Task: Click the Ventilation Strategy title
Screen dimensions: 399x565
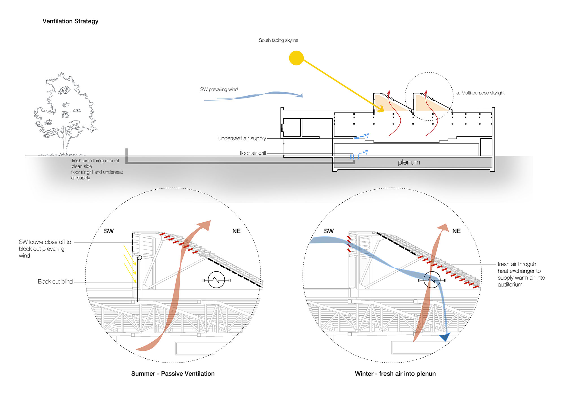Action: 70,21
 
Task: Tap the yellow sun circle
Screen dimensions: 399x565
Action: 296,58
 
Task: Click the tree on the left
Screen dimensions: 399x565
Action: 65,113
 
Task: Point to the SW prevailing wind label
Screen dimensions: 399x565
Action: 219,89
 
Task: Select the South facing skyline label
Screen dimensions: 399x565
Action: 278,40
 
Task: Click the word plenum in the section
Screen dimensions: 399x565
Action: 409,162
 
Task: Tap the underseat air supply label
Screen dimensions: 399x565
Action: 242,138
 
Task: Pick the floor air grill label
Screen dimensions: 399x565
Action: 253,153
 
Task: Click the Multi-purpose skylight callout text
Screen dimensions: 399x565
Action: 480,93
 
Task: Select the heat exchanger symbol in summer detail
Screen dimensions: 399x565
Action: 216,280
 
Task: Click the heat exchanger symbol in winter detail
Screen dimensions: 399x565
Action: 432,280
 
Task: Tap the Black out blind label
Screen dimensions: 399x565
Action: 55,282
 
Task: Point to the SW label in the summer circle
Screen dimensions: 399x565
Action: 109,231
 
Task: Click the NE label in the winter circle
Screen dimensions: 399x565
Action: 457,231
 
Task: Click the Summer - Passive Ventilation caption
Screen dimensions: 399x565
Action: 173,374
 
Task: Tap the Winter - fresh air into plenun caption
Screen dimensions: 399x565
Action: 395,374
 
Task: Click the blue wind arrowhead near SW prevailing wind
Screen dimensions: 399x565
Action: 299,95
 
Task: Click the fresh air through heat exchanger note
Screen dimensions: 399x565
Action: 521,274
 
